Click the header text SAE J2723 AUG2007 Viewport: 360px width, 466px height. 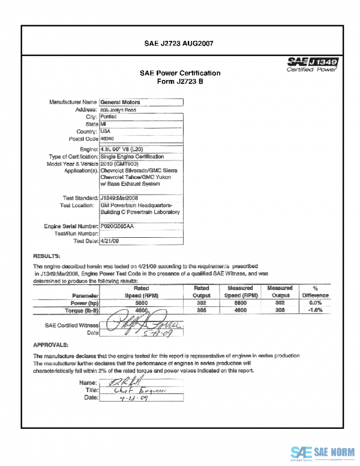point(180,44)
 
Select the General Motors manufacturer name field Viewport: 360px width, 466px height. point(120,102)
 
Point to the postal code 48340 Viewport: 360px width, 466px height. point(108,138)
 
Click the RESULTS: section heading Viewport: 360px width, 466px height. point(47,255)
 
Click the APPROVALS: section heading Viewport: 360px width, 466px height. point(52,345)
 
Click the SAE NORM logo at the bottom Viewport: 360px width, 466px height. point(322,453)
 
